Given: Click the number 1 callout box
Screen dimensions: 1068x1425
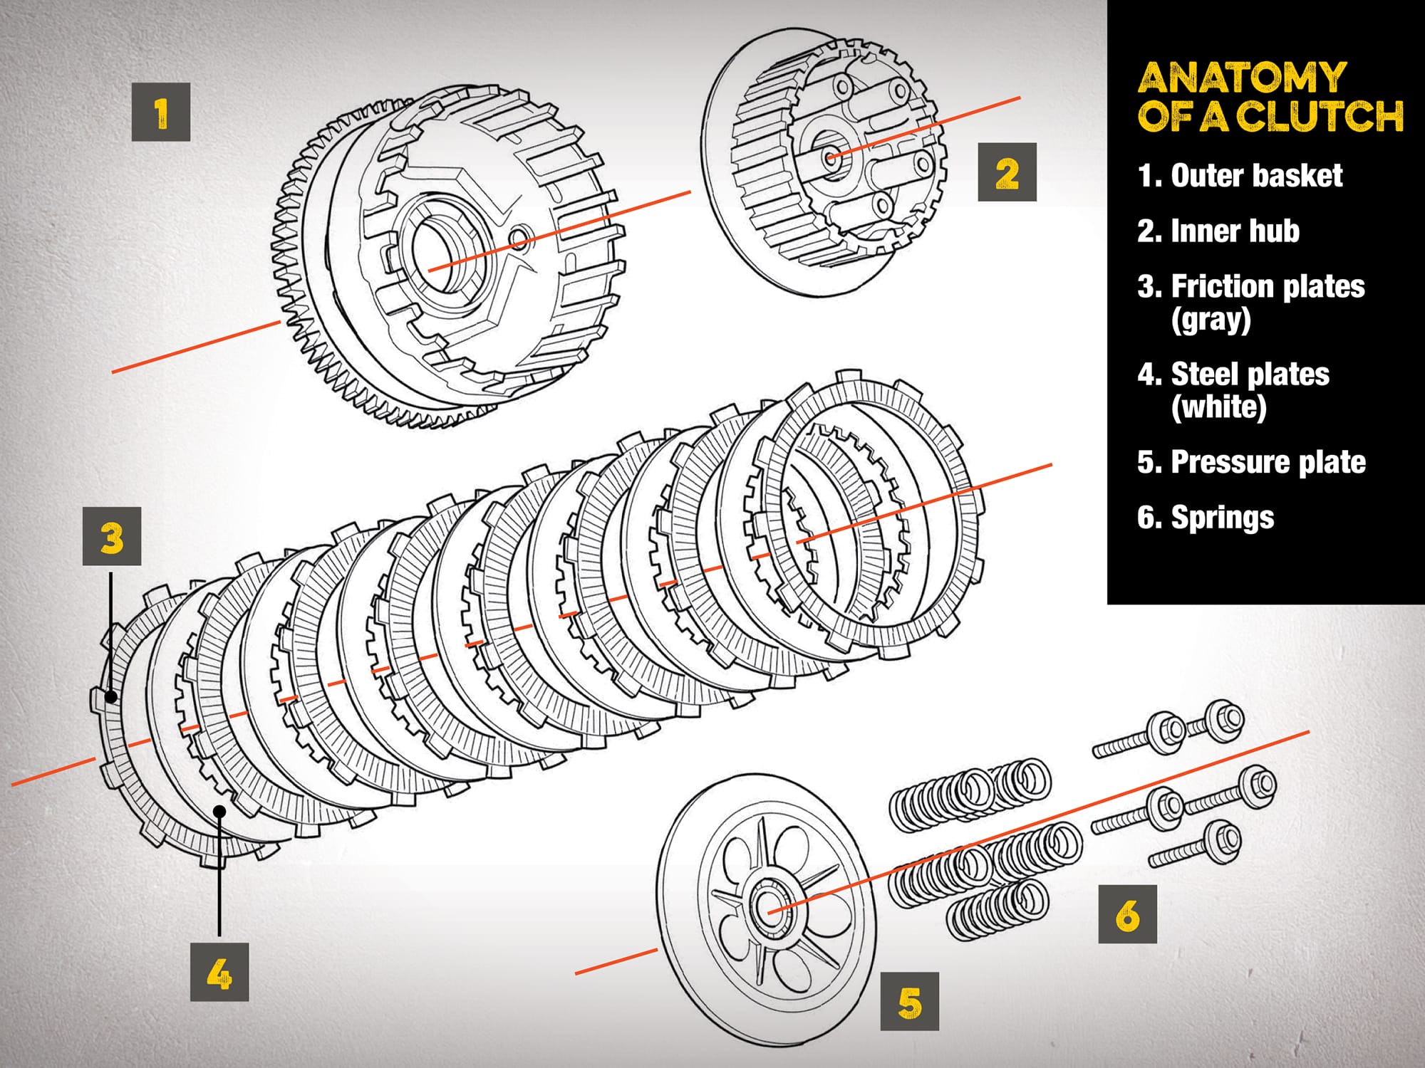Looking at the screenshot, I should point(161,112).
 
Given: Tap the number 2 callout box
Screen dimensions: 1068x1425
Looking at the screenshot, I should point(1007,172).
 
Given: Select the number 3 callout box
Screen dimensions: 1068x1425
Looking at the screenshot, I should point(112,536).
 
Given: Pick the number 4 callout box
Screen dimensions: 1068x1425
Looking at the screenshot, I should point(219,973).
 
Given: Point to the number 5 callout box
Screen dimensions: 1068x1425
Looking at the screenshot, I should point(910,1002).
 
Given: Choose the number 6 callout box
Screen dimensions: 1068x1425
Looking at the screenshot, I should point(1127,915).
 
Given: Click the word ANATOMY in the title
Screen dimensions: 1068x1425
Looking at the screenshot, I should point(1241,78).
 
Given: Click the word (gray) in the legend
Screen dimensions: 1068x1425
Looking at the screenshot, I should point(1211,320).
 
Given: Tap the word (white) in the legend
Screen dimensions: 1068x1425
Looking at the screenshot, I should point(1218,407).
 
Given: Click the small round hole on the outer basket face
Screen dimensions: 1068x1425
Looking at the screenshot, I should point(519,238).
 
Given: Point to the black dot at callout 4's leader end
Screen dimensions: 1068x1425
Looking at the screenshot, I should point(220,811).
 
